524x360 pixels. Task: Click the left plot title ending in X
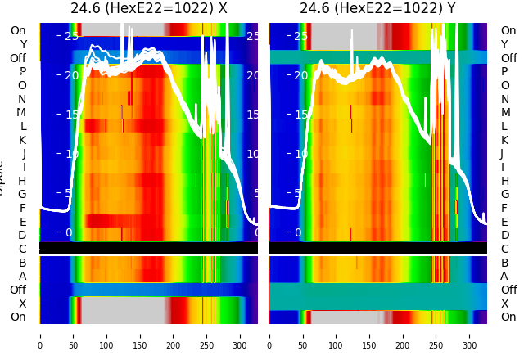(x=148, y=9)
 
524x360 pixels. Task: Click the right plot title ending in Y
(x=377, y=9)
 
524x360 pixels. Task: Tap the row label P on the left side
(x=22, y=72)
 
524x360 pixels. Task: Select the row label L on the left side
(x=22, y=126)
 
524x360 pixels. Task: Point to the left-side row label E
(x=22, y=222)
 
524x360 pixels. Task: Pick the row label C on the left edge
(x=22, y=249)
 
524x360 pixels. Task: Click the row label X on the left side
(x=22, y=304)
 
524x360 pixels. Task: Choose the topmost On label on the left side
(x=18, y=31)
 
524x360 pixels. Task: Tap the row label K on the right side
(x=504, y=140)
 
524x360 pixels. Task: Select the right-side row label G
(x=504, y=194)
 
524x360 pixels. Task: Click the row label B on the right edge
(x=504, y=263)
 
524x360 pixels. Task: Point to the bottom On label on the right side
(x=508, y=317)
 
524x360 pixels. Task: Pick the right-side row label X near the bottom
(x=504, y=304)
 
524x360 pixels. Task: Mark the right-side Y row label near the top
(x=504, y=44)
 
